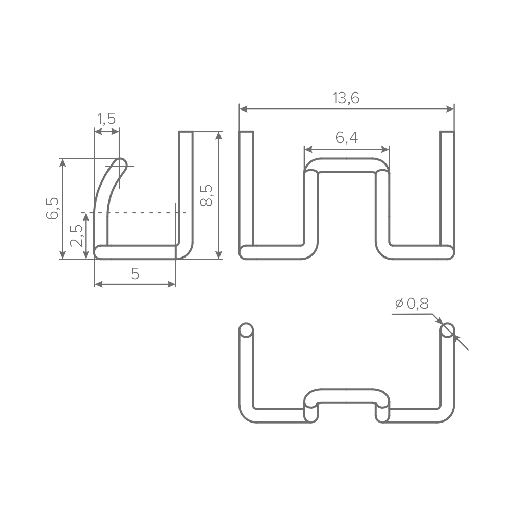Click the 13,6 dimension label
point(346,98)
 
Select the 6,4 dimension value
point(346,138)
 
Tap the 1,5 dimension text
point(106,119)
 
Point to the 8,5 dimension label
point(207,195)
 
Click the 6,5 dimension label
point(52,209)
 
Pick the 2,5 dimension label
point(77,236)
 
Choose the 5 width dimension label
point(135,273)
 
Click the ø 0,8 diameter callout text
point(412,304)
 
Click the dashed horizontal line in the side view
point(134,213)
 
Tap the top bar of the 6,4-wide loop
point(347,165)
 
